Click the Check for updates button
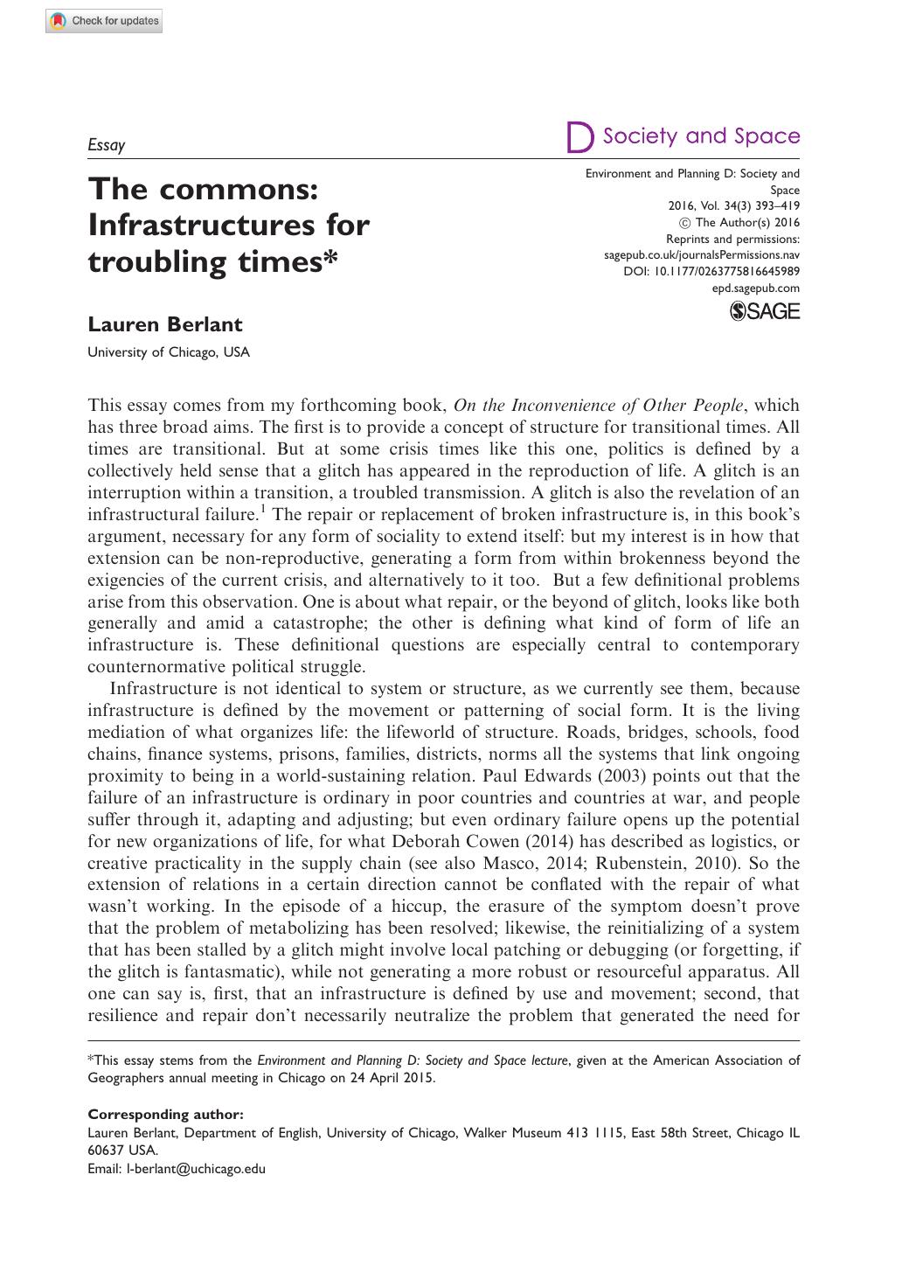pos(104,21)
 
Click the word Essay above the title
pos(107,145)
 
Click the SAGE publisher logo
pos(764,310)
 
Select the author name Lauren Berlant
pos(165,324)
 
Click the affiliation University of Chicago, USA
pos(169,352)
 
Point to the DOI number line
pos(711,272)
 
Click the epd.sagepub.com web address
pos(756,288)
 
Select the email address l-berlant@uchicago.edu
pos(196,1168)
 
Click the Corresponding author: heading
pos(166,1114)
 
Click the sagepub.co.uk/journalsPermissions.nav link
pos(702,255)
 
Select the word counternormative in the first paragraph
pos(163,667)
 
